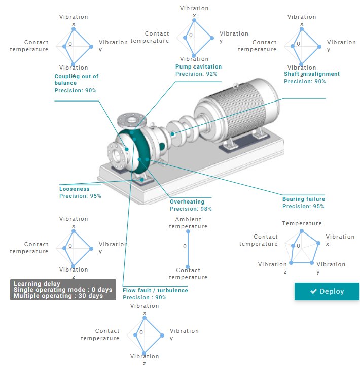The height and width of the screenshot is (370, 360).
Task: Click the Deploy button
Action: pos(327,291)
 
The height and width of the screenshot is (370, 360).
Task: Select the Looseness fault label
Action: pos(74,189)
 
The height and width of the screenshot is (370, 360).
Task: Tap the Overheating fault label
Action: pos(187,201)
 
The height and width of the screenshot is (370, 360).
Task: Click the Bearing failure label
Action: pos(303,199)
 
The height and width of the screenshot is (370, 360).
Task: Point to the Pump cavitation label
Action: pos(198,66)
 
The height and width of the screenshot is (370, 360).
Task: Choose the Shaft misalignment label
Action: pos(311,74)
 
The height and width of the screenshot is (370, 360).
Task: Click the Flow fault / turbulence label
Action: pos(155,290)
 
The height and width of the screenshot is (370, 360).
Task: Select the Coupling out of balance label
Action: pos(76,79)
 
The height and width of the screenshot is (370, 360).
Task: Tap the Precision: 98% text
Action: pos(191,209)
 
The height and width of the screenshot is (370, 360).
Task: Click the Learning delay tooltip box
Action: pos(62,290)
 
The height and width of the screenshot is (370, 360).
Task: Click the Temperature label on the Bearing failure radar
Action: pos(302,223)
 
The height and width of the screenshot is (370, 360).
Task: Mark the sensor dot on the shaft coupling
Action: pos(173,134)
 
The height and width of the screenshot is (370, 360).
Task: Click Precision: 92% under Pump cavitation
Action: pos(196,74)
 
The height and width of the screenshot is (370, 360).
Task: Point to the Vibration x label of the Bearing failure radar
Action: pos(340,240)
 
